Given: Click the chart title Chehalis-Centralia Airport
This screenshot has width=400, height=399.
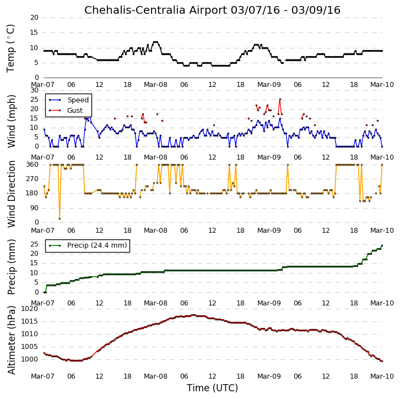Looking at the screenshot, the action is tap(155, 10).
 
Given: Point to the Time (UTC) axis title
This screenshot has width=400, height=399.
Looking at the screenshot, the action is tap(212, 388).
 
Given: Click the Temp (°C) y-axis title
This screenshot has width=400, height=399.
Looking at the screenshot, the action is tap(10, 48).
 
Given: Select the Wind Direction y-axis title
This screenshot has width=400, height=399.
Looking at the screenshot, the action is tap(11, 194).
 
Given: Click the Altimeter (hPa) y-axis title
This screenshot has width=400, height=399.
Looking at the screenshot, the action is tap(11, 340).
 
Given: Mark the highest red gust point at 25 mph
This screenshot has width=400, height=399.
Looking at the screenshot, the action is tap(280, 100).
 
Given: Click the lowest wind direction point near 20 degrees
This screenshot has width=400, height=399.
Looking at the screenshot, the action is tap(60, 218).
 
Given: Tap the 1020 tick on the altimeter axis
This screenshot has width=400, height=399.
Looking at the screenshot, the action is tap(30, 309).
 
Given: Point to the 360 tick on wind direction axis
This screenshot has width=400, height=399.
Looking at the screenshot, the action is tap(33, 165).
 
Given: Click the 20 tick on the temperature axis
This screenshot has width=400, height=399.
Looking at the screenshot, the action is tap(34, 18).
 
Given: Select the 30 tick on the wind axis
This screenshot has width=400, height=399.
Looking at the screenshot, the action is tap(34, 90).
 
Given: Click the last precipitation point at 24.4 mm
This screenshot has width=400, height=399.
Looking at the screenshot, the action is tap(382, 245).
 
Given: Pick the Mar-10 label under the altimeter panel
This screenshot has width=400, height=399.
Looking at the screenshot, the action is tap(382, 376).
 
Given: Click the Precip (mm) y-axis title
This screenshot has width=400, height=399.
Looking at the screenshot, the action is tap(11, 267).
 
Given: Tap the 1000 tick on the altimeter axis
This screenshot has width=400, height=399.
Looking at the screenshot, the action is tap(30, 359).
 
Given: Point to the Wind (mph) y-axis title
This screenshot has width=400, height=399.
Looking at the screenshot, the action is tap(11, 121).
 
